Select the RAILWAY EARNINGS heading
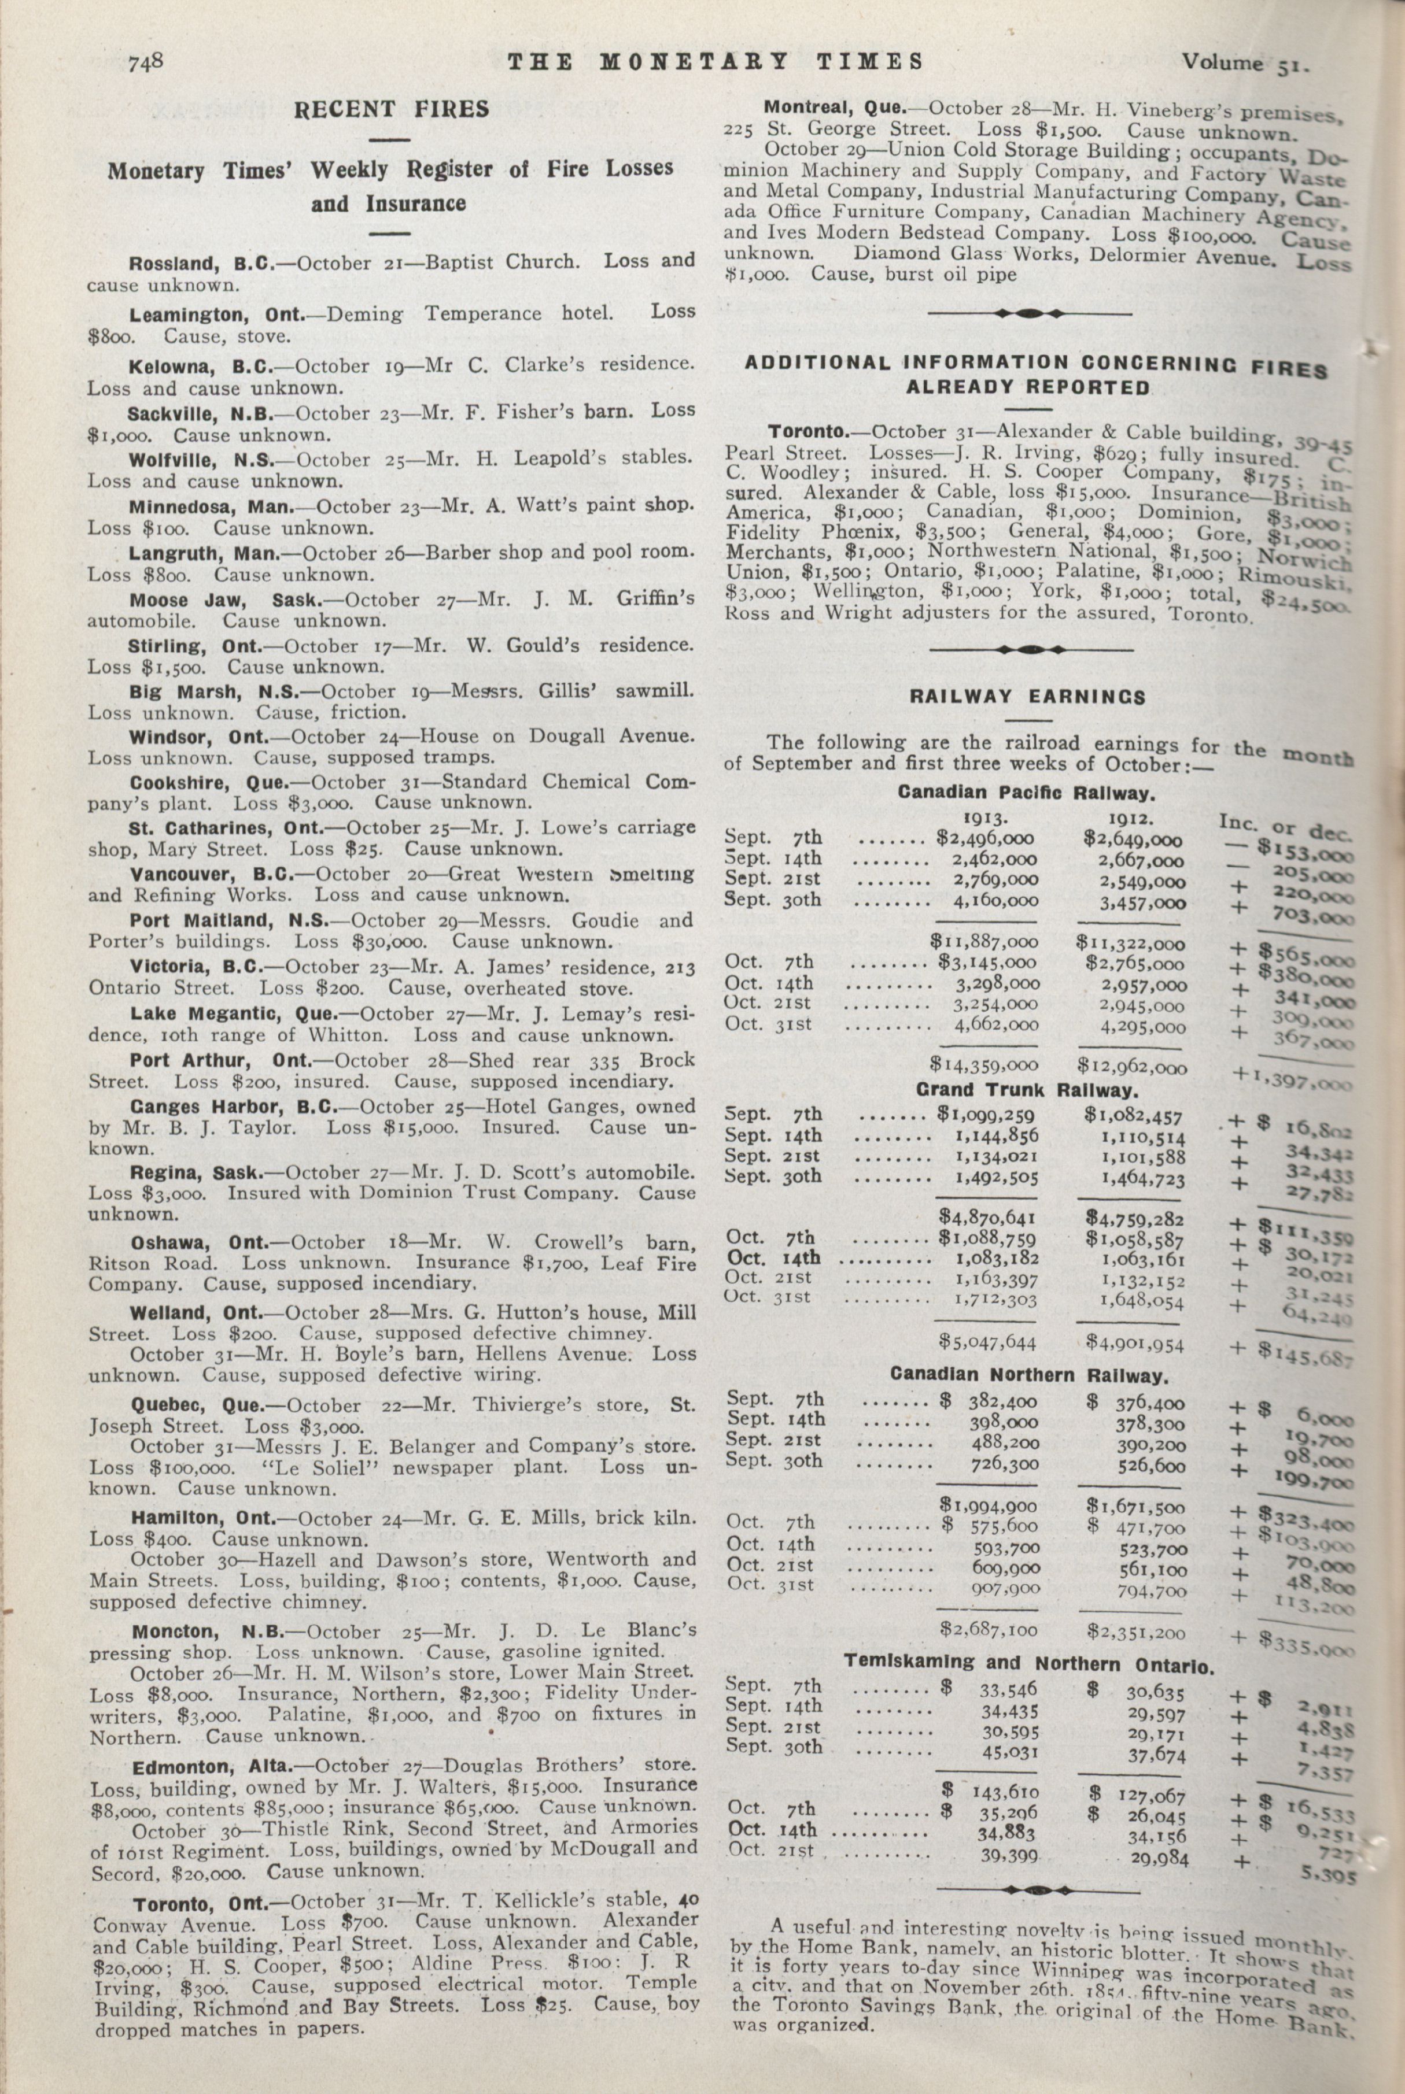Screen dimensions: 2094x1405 tap(1028, 697)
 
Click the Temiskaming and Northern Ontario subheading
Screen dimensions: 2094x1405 tap(1028, 1664)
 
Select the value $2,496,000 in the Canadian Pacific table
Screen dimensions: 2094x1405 tap(984, 839)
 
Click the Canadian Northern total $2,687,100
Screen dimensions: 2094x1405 tap(987, 1631)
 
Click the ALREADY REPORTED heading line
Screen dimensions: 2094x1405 tap(1028, 388)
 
